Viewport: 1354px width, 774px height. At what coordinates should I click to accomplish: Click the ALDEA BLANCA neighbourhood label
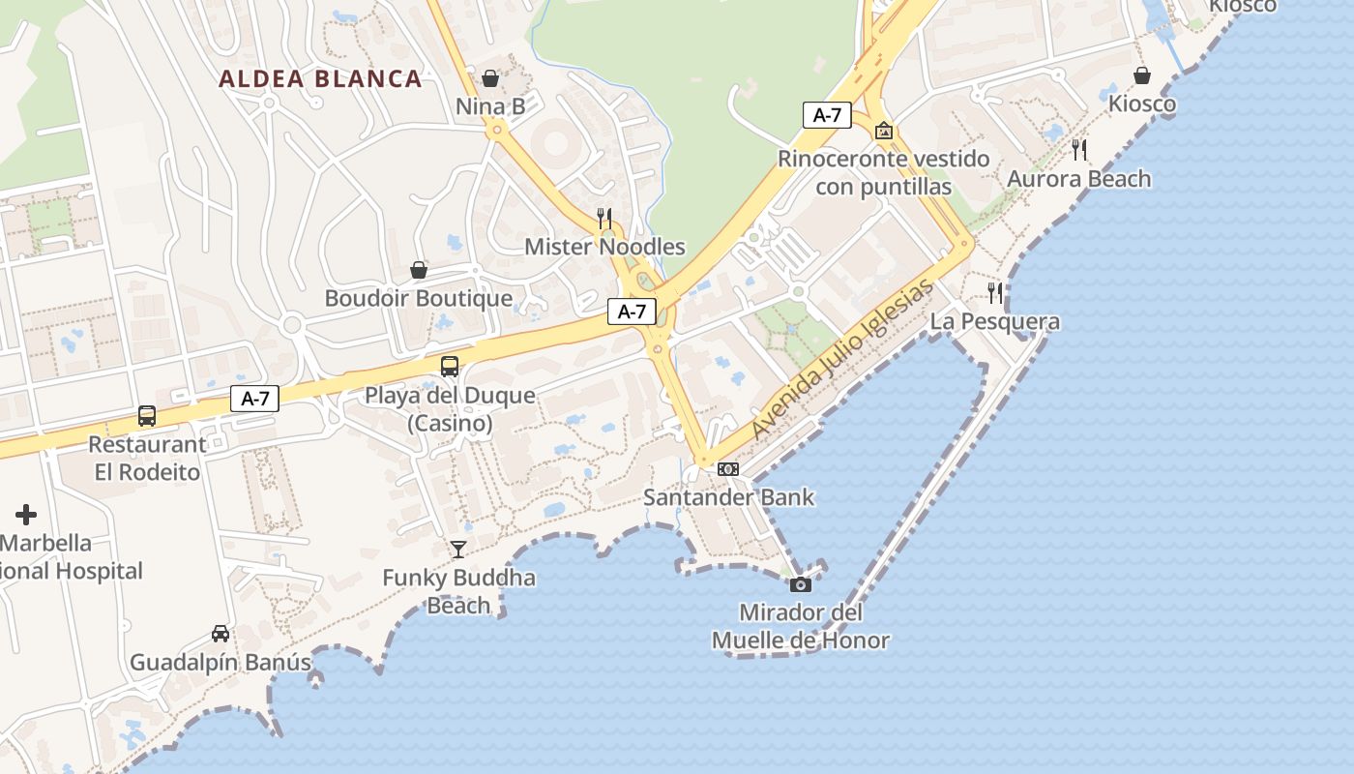pos(320,79)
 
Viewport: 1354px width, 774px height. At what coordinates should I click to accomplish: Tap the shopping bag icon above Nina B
pos(490,77)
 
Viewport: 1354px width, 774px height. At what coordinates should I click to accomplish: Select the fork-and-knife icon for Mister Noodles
pos(604,218)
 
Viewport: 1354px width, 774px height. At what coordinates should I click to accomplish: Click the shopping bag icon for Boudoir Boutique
pos(419,269)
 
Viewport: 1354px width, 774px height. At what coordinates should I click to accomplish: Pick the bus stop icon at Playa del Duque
pos(450,367)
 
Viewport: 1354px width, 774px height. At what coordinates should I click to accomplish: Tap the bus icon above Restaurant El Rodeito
pos(147,416)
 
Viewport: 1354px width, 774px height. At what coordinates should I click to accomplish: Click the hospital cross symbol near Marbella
pos(26,515)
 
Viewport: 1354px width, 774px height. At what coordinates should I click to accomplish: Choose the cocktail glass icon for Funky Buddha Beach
pos(458,550)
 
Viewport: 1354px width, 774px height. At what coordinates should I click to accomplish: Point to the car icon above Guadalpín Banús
pos(221,634)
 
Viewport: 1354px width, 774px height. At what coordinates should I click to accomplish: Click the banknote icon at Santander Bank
pos(728,469)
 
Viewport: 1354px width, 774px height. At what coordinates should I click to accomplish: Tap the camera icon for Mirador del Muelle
pos(801,584)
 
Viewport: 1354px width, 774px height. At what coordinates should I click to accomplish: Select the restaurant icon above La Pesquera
pos(995,292)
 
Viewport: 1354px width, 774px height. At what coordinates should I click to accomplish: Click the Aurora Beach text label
pos(1079,179)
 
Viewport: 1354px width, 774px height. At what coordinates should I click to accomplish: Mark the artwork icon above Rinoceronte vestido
pos(883,131)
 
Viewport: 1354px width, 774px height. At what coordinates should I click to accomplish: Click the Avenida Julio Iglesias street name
pos(843,359)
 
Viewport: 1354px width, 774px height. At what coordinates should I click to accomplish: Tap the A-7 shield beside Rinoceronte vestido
pos(827,115)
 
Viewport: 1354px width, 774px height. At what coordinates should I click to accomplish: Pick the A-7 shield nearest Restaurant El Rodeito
pos(255,398)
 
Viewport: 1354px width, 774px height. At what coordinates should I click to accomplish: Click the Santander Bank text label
pos(729,497)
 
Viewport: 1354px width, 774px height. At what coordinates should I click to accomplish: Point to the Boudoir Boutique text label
pos(419,298)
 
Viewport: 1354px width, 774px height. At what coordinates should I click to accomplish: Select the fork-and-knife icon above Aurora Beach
pos(1079,150)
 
